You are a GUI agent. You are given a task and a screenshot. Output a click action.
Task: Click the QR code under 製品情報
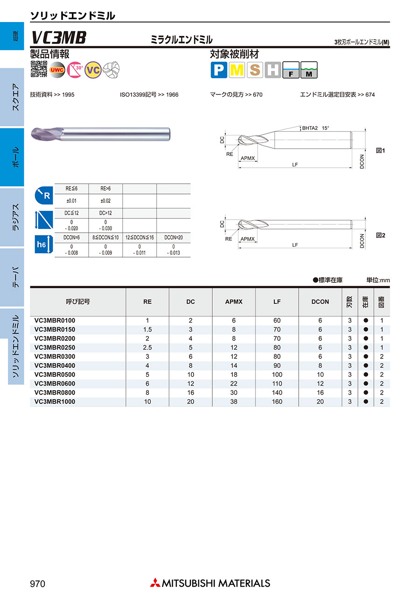pyautogui.click(x=39, y=69)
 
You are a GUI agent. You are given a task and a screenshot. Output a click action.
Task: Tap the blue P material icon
pyautogui.click(x=219, y=70)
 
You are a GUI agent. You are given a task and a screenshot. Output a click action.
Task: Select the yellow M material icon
pyautogui.click(x=237, y=70)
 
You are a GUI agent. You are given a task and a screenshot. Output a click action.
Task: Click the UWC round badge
pyautogui.click(x=57, y=70)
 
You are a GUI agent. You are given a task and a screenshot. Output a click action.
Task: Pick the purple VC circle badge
pyautogui.click(x=93, y=70)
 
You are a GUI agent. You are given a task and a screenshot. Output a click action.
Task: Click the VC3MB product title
pyautogui.click(x=59, y=37)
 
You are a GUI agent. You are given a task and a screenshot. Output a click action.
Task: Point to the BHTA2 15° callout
pyautogui.click(x=315, y=128)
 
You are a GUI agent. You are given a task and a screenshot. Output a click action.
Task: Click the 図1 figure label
pyautogui.click(x=380, y=151)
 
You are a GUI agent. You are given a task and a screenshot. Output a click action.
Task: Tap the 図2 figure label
pyautogui.click(x=380, y=236)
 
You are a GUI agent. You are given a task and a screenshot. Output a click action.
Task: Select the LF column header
pyautogui.click(x=277, y=302)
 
